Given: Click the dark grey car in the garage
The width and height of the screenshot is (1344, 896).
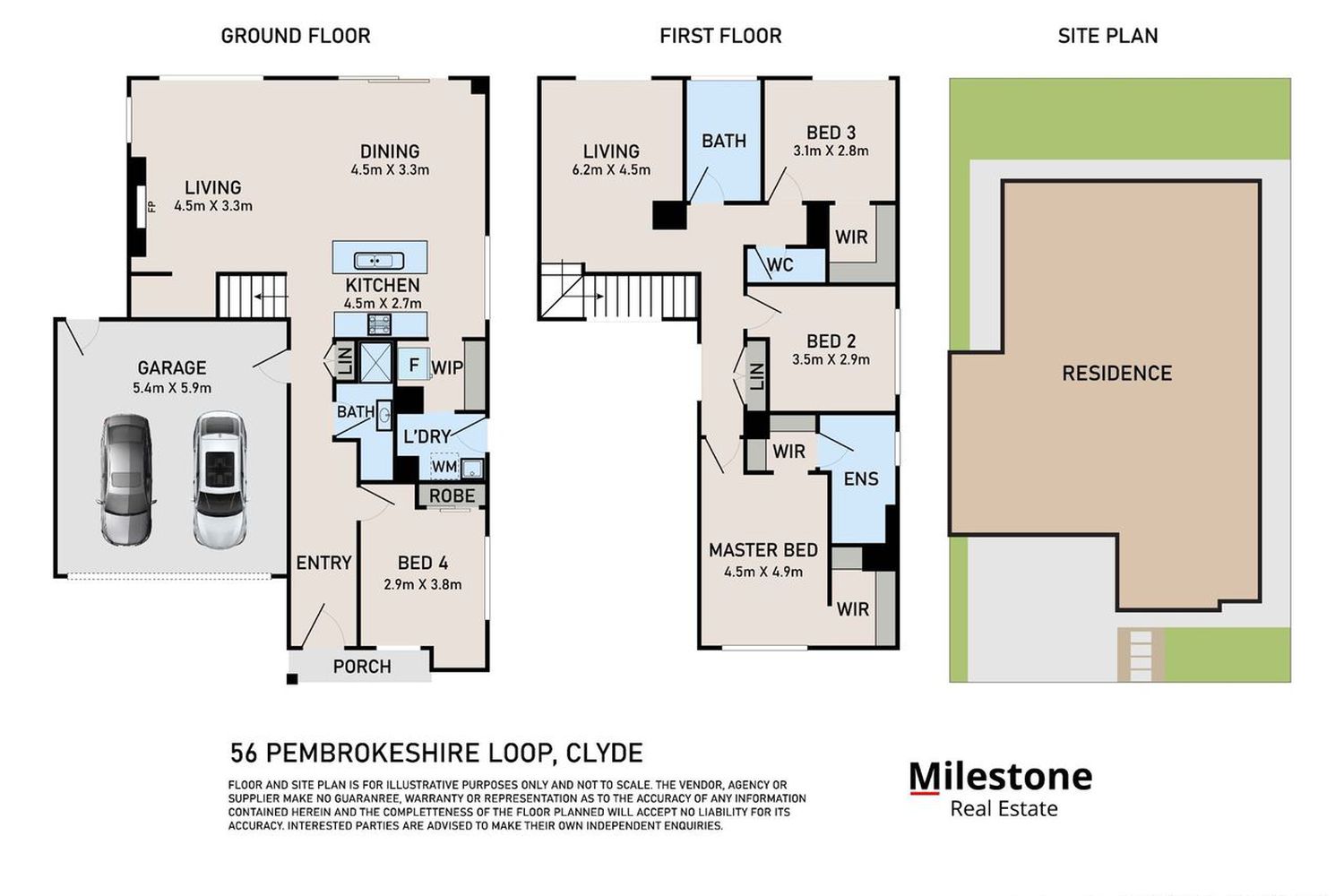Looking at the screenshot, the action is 126,479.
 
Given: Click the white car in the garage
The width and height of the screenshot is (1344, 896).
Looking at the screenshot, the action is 220,478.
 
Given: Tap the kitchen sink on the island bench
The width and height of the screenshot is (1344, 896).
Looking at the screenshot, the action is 379,261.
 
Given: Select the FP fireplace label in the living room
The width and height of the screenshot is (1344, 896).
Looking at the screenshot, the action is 151,206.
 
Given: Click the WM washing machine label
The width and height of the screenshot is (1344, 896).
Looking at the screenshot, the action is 444,466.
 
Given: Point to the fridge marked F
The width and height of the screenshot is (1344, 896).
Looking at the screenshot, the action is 413,365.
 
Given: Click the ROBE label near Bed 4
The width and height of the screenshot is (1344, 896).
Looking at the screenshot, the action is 452,495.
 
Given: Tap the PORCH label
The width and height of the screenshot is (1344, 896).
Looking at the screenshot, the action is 362,667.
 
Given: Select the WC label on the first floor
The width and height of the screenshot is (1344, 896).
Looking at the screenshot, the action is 780,264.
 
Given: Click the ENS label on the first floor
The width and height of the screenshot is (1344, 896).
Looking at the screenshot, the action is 861,478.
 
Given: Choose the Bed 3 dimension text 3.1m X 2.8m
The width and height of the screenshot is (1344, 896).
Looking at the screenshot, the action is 831,151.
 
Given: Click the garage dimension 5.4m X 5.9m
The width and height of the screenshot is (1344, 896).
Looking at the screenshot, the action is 172,388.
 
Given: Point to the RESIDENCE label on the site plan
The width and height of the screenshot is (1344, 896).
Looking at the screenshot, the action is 1116,374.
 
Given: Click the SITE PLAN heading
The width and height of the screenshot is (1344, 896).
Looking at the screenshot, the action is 1107,36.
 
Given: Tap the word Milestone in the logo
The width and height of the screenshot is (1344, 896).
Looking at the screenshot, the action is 1001,777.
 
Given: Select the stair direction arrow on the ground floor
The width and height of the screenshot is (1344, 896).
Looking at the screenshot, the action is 271,297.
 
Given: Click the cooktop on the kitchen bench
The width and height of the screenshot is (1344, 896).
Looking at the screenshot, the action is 379,324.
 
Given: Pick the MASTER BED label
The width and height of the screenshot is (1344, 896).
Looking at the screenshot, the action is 763,550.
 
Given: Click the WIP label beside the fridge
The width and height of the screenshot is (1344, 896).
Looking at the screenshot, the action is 447,368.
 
